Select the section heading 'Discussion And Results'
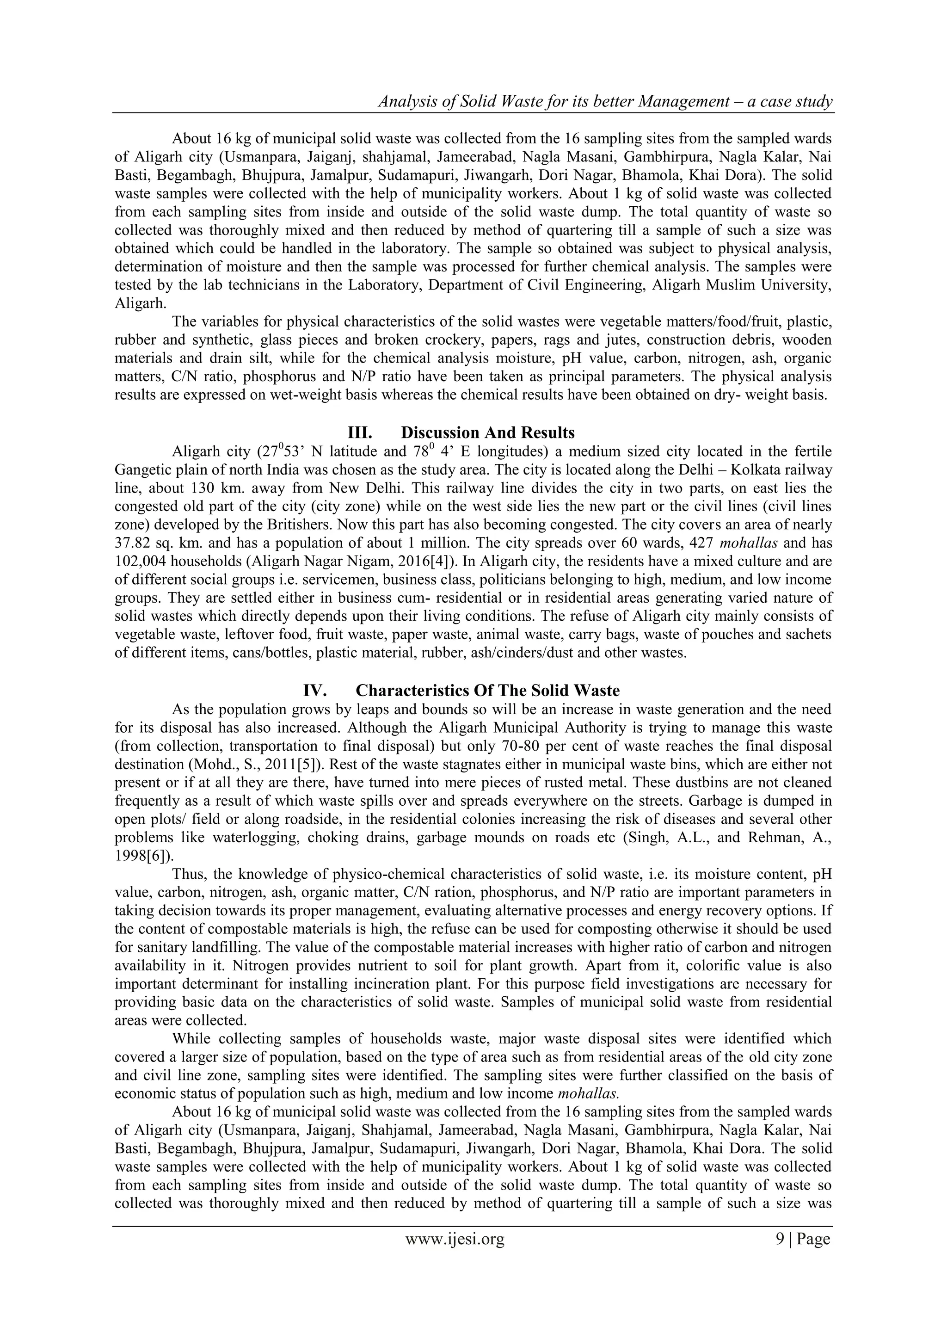(x=487, y=433)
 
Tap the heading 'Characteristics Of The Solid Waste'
(x=487, y=691)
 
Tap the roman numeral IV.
(x=314, y=691)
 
